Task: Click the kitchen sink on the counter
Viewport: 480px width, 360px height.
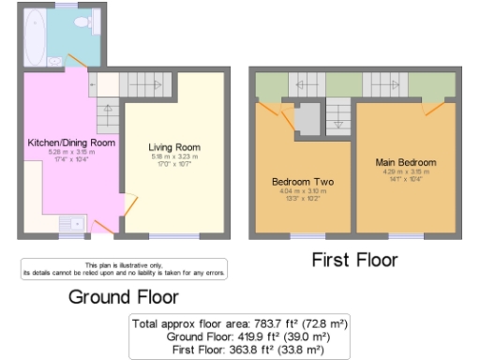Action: tap(69, 223)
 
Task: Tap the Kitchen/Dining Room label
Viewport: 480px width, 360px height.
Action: tap(71, 142)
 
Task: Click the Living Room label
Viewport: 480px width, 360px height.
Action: tap(173, 147)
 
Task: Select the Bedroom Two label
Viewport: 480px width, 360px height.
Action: tap(302, 181)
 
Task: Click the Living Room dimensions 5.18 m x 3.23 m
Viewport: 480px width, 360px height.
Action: tap(173, 157)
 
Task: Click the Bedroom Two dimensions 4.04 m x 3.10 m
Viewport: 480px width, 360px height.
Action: tap(302, 191)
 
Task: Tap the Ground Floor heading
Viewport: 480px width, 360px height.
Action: tap(123, 297)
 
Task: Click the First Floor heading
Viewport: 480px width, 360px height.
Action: tap(354, 260)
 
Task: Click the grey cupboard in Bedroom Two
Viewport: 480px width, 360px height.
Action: tap(307, 119)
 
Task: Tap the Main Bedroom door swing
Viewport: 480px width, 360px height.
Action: tap(432, 108)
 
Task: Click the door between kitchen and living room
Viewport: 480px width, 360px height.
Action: tap(130, 203)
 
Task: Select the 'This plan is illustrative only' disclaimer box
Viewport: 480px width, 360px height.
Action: tap(123, 270)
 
